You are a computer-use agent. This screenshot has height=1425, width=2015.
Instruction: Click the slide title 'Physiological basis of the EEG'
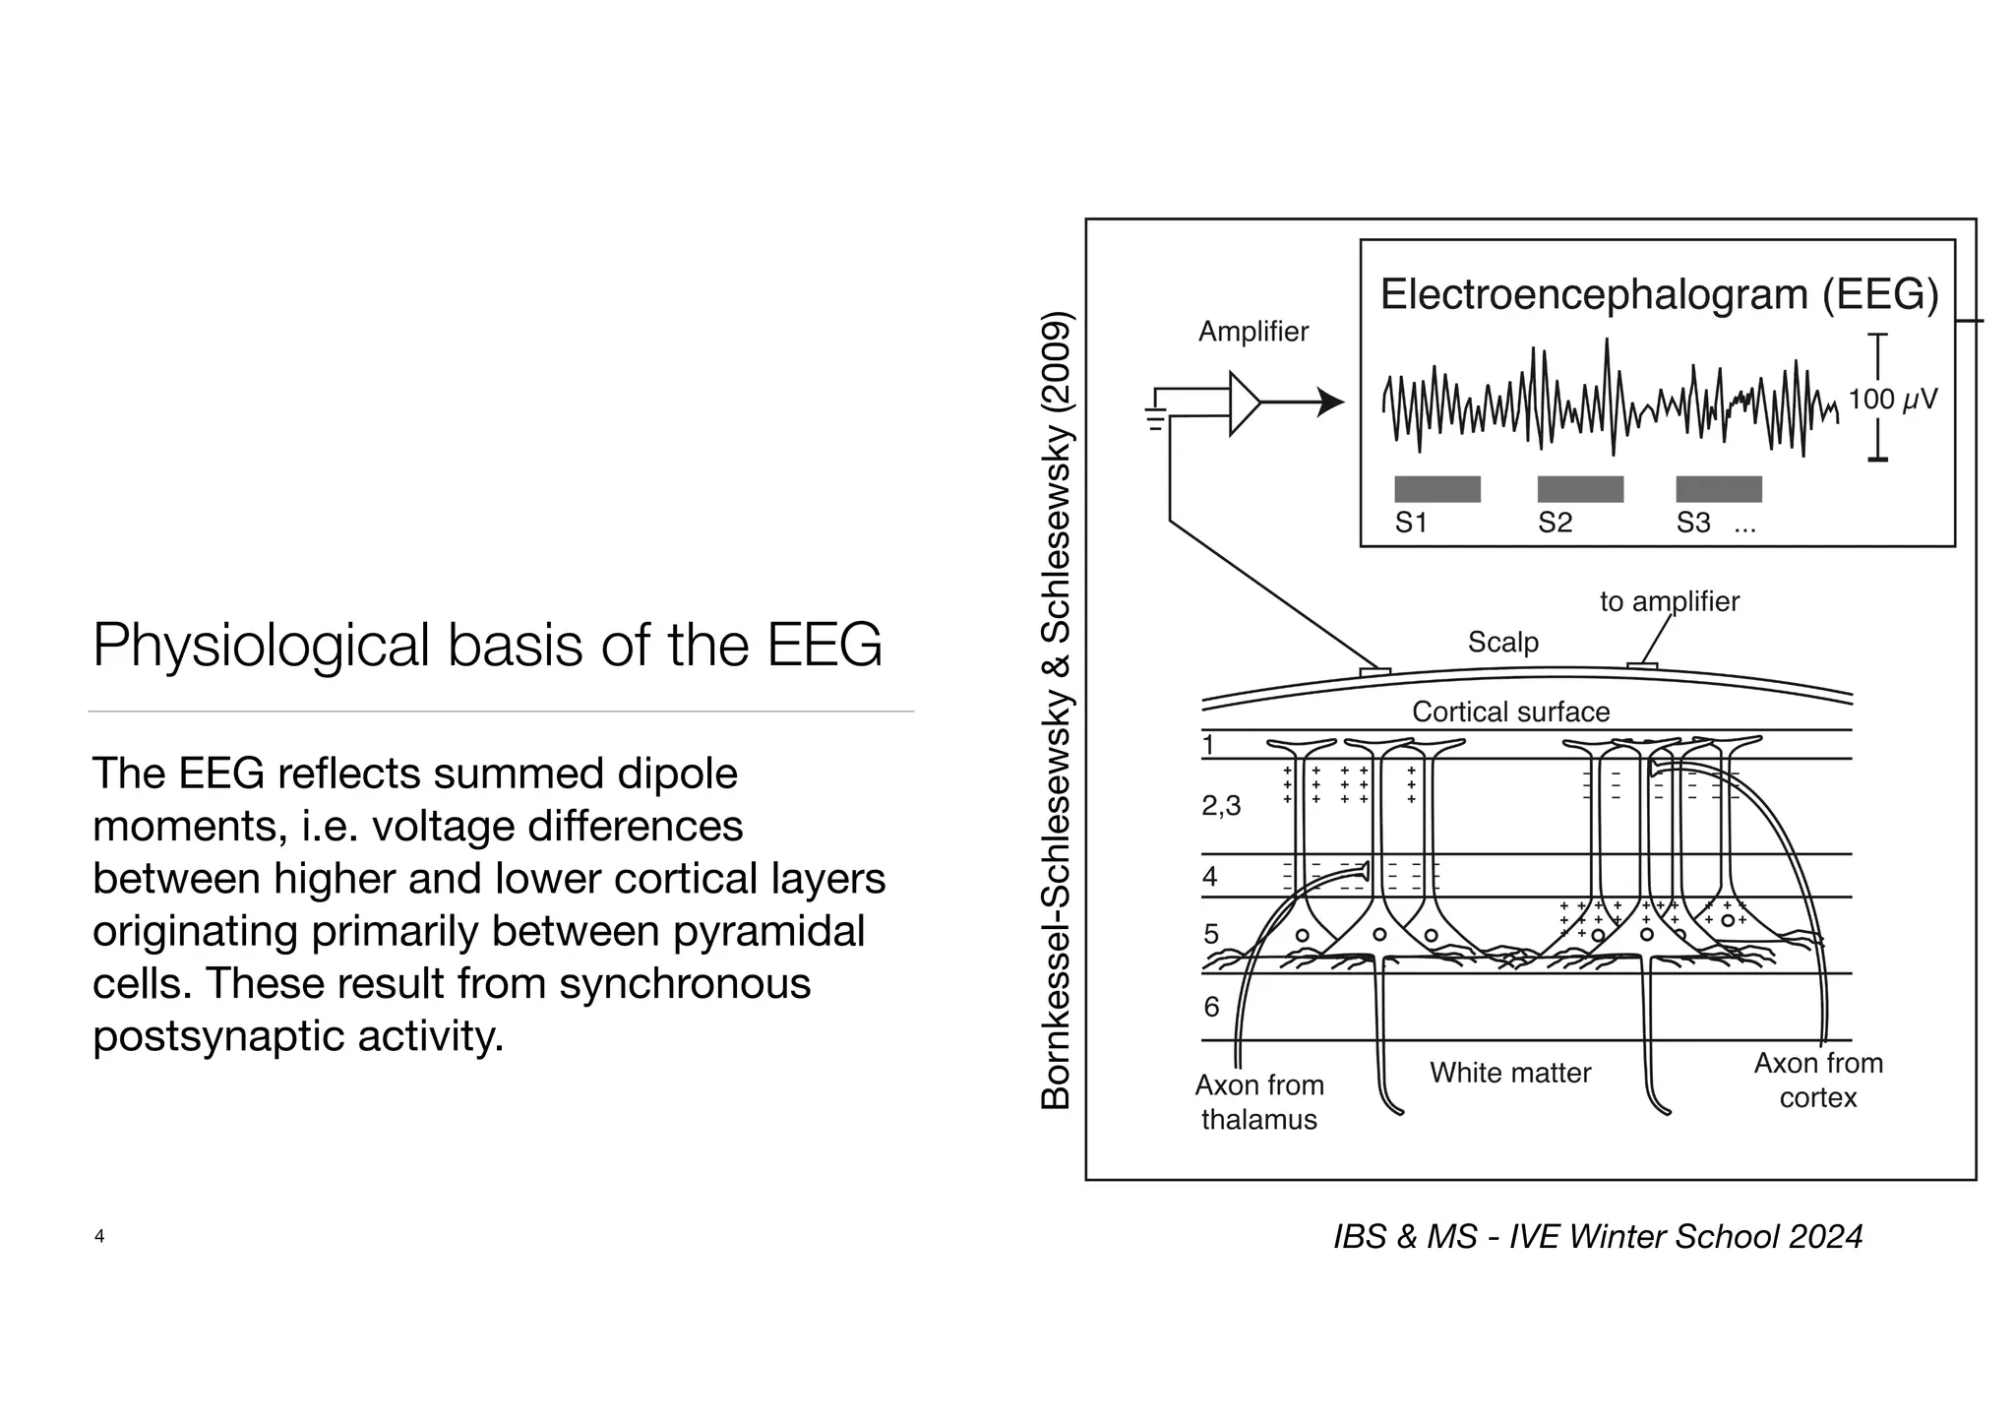tap(487, 646)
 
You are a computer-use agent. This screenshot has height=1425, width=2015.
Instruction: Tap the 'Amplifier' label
tap(1252, 332)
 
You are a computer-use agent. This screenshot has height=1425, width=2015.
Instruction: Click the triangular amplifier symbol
tap(1243, 403)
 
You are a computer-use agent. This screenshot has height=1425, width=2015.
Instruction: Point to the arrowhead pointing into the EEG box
tap(1331, 403)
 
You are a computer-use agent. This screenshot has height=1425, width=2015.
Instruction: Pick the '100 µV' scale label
tap(1892, 400)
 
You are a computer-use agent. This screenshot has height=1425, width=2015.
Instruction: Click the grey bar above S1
tap(1436, 489)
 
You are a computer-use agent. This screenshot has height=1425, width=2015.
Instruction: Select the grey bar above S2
tap(1580, 489)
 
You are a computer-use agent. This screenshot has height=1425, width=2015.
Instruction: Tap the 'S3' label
tap(1693, 523)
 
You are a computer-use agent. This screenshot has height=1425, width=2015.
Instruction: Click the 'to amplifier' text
tap(1669, 601)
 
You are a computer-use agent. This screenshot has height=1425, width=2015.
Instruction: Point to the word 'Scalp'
tap(1502, 642)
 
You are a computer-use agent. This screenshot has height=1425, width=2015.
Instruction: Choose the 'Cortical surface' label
tap(1510, 712)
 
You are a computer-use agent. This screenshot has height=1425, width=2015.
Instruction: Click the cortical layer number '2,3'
tap(1221, 806)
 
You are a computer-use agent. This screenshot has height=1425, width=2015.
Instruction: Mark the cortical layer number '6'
tap(1211, 1007)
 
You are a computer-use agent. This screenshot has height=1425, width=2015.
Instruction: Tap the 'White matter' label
tap(1509, 1073)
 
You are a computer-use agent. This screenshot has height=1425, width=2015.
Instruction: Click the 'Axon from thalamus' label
tap(1258, 1102)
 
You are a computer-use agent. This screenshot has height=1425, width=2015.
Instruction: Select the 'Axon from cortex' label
tap(1817, 1080)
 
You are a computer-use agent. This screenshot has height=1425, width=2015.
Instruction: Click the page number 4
tap(99, 1236)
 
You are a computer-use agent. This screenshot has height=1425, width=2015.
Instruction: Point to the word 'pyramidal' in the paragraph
tap(768, 931)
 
